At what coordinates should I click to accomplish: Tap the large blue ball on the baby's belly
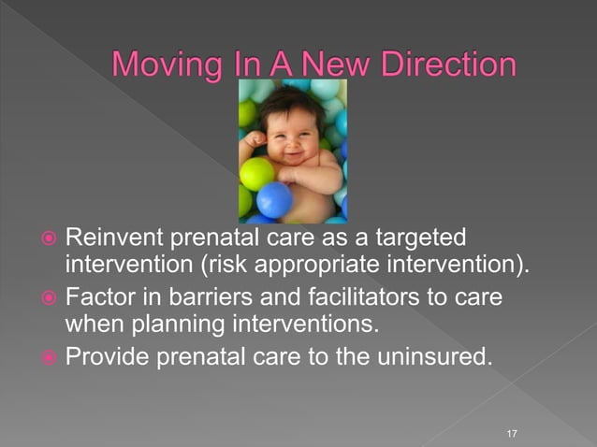[275, 199]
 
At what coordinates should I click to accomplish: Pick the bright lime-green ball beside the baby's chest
[256, 173]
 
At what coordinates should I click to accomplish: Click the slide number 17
[511, 433]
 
